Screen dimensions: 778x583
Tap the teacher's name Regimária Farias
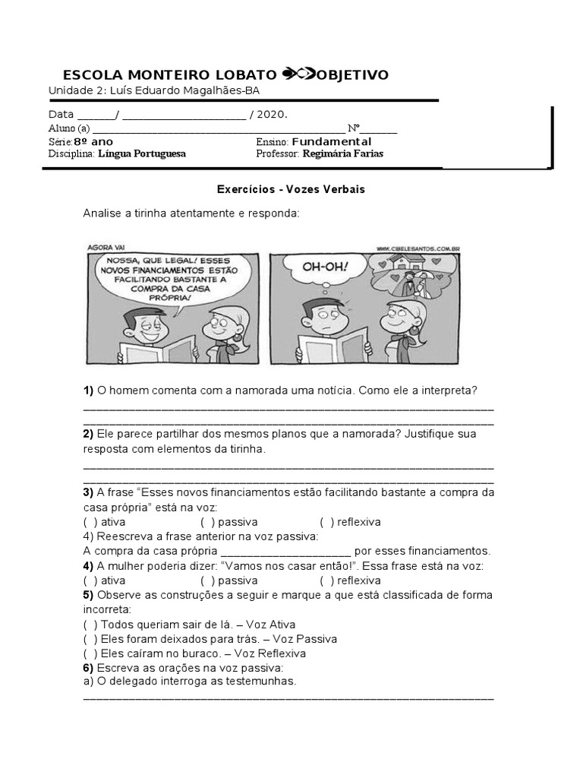coord(342,153)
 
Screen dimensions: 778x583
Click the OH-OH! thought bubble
coord(325,267)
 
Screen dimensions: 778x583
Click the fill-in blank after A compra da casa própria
coord(285,552)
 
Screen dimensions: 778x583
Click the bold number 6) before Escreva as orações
coord(88,668)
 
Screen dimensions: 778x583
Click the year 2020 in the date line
coord(270,115)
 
